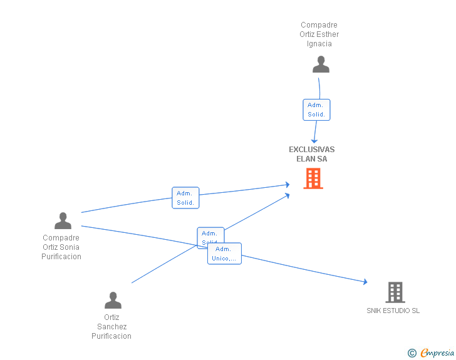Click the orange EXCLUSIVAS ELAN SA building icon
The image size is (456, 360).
pyautogui.click(x=313, y=178)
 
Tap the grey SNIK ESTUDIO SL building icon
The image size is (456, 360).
pyautogui.click(x=395, y=292)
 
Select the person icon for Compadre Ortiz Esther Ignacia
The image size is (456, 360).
pyautogui.click(x=321, y=64)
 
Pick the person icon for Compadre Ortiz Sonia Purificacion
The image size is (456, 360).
pyautogui.click(x=63, y=221)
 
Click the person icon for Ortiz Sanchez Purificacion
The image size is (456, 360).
pyautogui.click(x=113, y=301)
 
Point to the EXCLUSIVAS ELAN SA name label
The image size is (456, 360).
pyautogui.click(x=312, y=154)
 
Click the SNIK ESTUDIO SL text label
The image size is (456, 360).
pyautogui.click(x=393, y=311)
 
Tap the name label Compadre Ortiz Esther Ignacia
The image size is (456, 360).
pyautogui.click(x=319, y=35)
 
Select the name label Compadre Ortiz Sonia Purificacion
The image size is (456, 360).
pyautogui.click(x=61, y=247)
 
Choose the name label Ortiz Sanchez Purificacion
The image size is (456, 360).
pyautogui.click(x=111, y=327)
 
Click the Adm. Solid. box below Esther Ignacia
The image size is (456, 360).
pyautogui.click(x=316, y=110)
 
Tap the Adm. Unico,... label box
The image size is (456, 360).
pyautogui.click(x=224, y=254)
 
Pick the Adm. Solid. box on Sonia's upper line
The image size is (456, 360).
pyautogui.click(x=185, y=198)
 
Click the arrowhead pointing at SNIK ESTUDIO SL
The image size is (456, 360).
pyautogui.click(x=365, y=282)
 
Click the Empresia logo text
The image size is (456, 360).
pyautogui.click(x=437, y=353)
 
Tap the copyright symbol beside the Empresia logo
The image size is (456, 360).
pyautogui.click(x=412, y=354)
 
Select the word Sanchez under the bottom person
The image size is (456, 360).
pyautogui.click(x=112, y=327)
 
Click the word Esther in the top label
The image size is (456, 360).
pyautogui.click(x=328, y=34)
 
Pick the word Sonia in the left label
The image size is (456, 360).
pyautogui.click(x=70, y=247)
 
